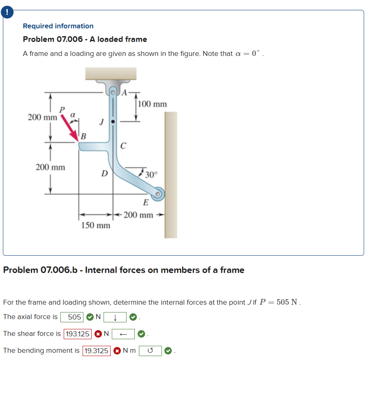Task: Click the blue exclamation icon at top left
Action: click(x=7, y=12)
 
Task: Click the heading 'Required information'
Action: click(x=58, y=26)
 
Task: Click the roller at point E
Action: click(x=159, y=194)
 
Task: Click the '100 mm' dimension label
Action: click(x=152, y=104)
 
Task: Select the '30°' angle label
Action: click(x=151, y=174)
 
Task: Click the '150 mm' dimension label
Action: click(x=96, y=225)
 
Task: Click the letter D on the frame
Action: click(x=105, y=174)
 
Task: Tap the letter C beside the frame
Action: click(x=123, y=146)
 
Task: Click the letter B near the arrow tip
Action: click(x=83, y=136)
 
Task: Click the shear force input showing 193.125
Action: click(x=78, y=334)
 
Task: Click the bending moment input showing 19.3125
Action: click(x=97, y=351)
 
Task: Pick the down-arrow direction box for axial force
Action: click(x=115, y=317)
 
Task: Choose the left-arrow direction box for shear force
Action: click(x=123, y=334)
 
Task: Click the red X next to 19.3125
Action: click(x=117, y=351)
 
